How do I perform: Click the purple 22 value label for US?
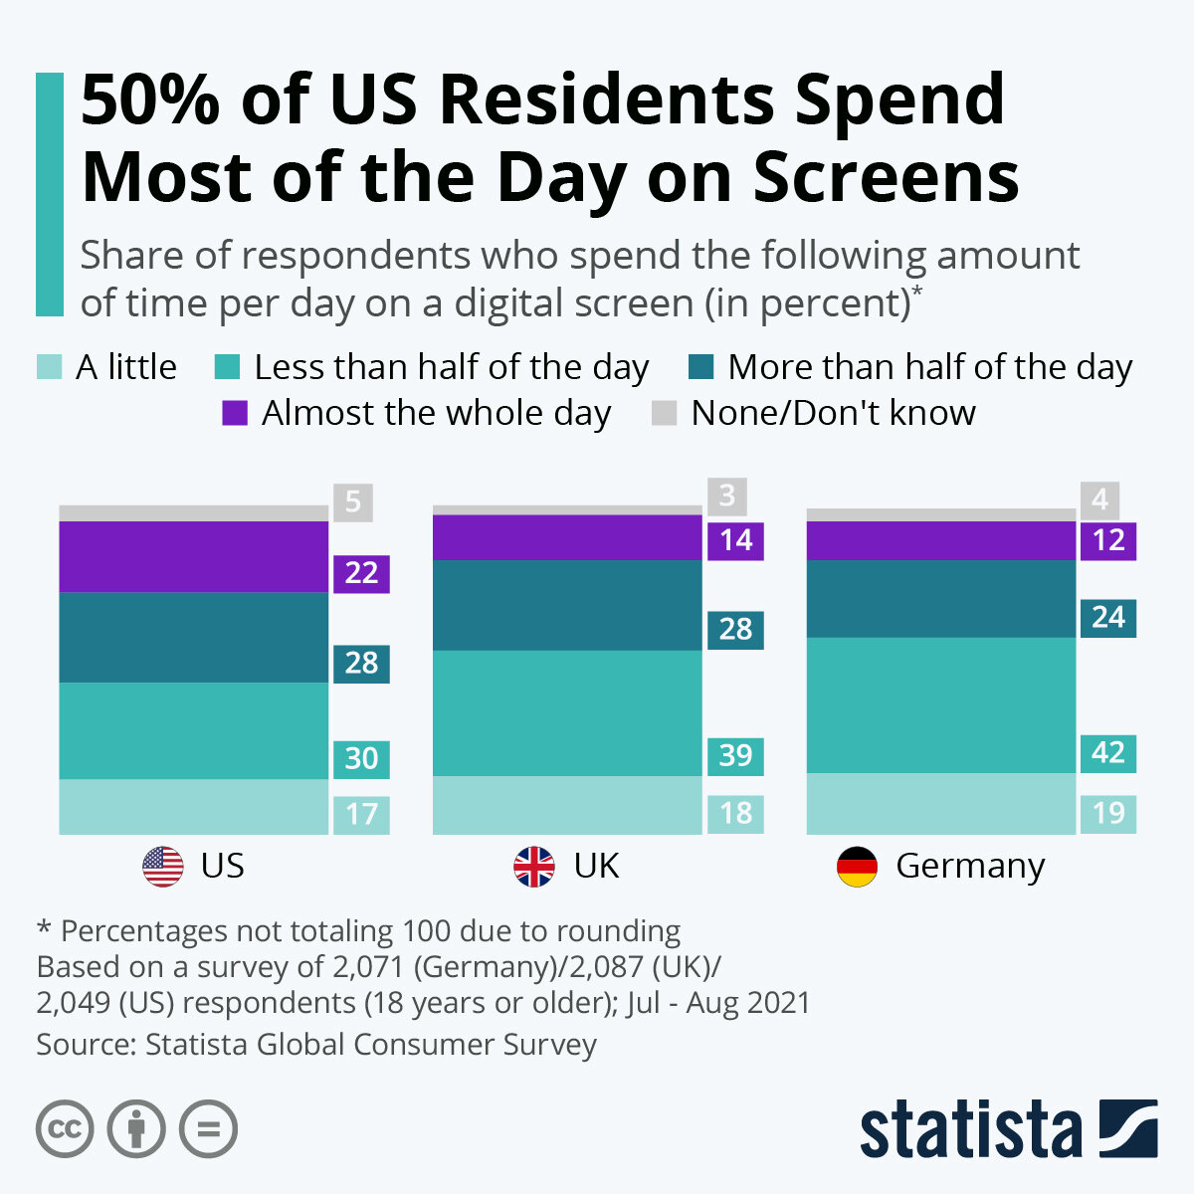[x=361, y=574]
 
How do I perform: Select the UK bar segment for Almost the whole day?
[x=567, y=537]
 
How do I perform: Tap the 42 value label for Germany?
[x=1108, y=752]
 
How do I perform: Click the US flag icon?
[x=163, y=867]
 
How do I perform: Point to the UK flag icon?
[x=534, y=867]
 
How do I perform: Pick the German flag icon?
[x=857, y=867]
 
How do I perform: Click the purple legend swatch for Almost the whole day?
[x=235, y=413]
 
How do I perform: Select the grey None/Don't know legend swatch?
[x=664, y=413]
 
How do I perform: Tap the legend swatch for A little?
[x=49, y=367]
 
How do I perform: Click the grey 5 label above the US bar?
[x=353, y=502]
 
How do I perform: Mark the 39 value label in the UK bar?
[x=735, y=755]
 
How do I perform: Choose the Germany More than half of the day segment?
[x=941, y=599]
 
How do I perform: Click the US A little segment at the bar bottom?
[x=194, y=807]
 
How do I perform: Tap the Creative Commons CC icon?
[x=65, y=1129]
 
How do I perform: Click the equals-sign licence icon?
[x=209, y=1129]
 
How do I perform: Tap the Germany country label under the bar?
[x=970, y=866]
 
